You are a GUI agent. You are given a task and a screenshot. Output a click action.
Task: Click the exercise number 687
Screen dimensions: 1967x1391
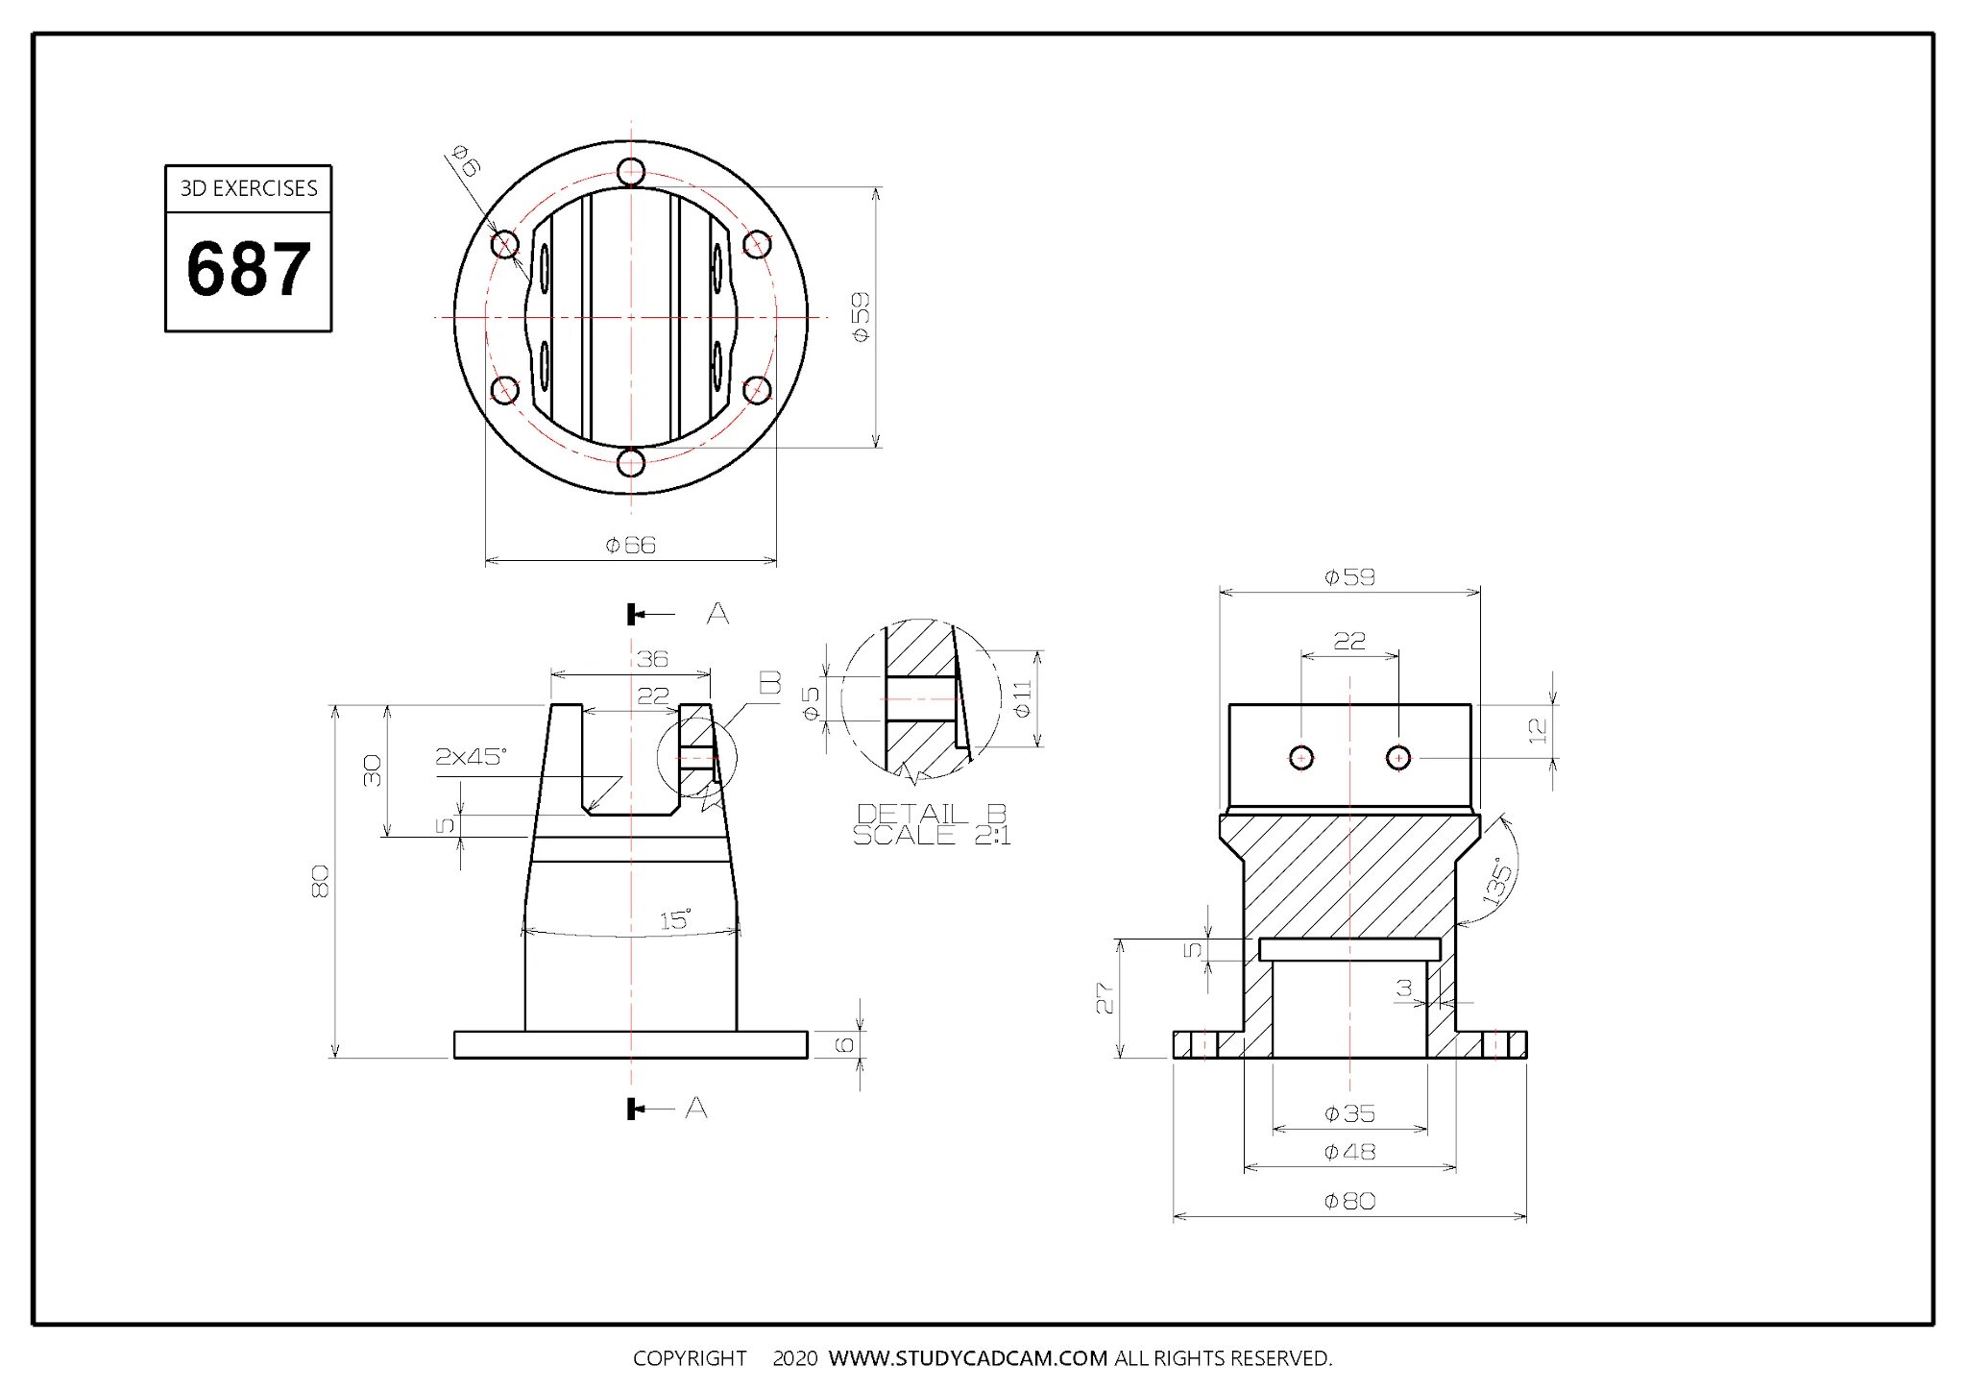pyautogui.click(x=249, y=270)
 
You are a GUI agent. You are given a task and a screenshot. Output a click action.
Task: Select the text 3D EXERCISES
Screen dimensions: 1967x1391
pyautogui.click(x=249, y=188)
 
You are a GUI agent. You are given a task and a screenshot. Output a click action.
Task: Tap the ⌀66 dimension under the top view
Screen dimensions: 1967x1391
pyautogui.click(x=631, y=546)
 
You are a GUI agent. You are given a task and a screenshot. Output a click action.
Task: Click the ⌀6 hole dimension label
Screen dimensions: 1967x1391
pyautogui.click(x=467, y=160)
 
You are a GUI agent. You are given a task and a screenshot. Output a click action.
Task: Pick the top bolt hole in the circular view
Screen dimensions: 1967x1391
pyautogui.click(x=631, y=172)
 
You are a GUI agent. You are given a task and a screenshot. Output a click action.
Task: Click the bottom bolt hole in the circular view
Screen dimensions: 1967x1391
pyautogui.click(x=631, y=463)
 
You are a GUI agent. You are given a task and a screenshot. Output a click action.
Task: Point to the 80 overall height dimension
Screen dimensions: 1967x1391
pyautogui.click(x=321, y=881)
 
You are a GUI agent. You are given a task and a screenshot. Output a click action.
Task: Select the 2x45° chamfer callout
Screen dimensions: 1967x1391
pyautogui.click(x=471, y=757)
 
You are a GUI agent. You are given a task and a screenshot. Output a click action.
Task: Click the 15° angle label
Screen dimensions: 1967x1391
pyautogui.click(x=675, y=920)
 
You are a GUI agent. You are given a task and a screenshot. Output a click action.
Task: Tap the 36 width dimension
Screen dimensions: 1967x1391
pyautogui.click(x=652, y=659)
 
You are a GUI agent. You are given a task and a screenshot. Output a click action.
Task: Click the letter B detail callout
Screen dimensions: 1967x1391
pyautogui.click(x=770, y=683)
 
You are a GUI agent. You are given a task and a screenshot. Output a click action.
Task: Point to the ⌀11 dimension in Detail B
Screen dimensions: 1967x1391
pyautogui.click(x=1022, y=698)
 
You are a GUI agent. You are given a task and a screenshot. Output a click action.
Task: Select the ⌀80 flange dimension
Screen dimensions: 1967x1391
pyautogui.click(x=1349, y=1201)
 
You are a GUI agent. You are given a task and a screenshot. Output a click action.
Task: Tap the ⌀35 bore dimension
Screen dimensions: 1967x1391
pyautogui.click(x=1349, y=1113)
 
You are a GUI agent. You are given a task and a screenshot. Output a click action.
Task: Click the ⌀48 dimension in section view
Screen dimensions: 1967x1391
pyautogui.click(x=1349, y=1151)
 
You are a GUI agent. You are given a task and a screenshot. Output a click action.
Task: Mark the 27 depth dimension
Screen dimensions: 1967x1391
pyautogui.click(x=1105, y=998)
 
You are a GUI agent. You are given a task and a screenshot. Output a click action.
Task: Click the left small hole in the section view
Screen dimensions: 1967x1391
pyautogui.click(x=1301, y=758)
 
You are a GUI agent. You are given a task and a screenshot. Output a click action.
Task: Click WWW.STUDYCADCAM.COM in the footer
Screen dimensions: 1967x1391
pyautogui.click(x=968, y=1358)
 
